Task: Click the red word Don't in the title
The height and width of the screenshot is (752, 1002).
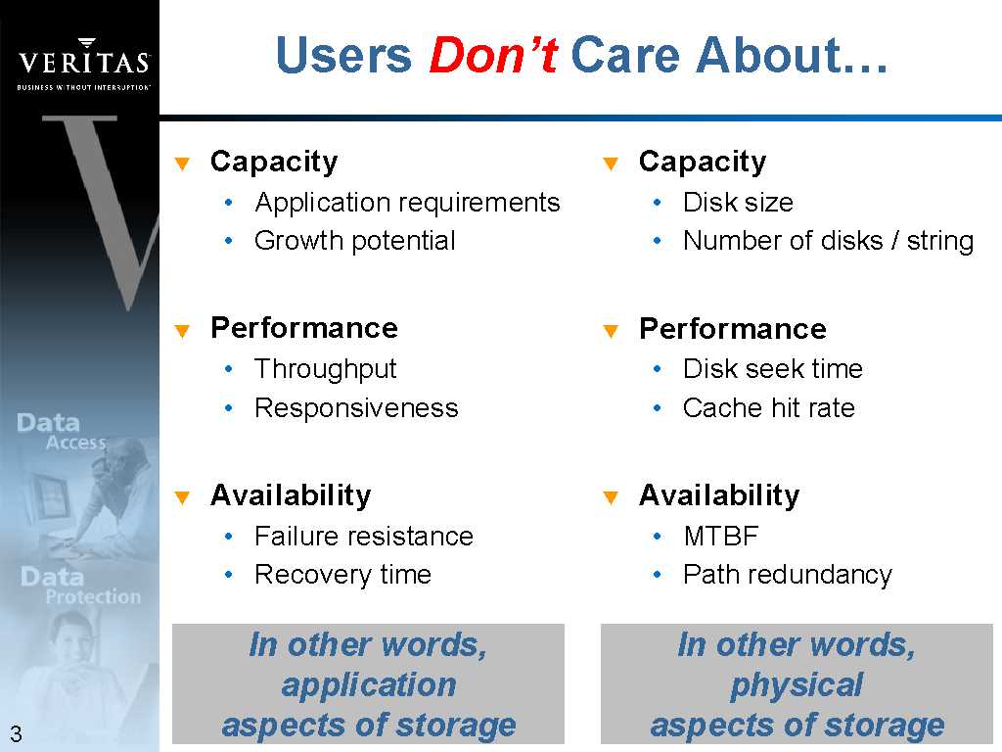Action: [493, 55]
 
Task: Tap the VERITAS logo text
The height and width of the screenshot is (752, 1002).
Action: [84, 62]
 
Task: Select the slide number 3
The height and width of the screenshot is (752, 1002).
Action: [16, 733]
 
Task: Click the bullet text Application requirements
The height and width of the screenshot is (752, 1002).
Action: [407, 203]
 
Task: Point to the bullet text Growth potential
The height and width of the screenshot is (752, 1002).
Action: [354, 241]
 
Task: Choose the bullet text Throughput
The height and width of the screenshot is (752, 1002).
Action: [325, 369]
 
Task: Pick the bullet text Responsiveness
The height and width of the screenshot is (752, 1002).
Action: [356, 408]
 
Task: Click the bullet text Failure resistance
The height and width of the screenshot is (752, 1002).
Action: [364, 536]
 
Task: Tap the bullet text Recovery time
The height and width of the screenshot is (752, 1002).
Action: [342, 575]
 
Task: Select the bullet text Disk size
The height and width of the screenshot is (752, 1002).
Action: [738, 203]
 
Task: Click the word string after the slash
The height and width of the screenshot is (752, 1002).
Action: [940, 242]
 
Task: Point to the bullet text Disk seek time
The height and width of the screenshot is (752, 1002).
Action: [773, 369]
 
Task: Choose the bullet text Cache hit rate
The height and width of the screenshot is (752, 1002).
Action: [769, 408]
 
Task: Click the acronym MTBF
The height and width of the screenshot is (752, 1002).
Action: [721, 537]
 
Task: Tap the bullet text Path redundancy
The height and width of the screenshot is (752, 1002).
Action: [788, 575]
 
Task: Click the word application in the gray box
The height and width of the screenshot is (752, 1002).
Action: [369, 685]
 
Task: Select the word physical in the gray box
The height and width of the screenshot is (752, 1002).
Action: [797, 685]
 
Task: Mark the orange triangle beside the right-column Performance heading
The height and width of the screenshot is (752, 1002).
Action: [611, 331]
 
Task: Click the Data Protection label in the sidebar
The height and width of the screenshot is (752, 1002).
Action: [80, 586]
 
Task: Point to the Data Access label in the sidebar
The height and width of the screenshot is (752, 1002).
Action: [62, 432]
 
